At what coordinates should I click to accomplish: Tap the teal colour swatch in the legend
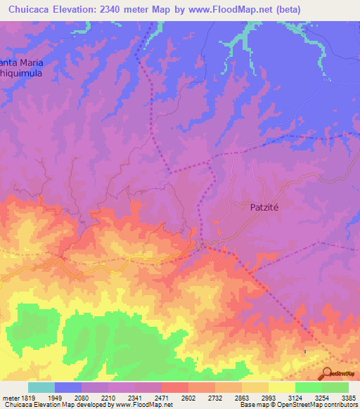[41, 387]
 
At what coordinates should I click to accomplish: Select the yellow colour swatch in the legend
[281, 387]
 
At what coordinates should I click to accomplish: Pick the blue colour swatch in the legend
[68, 387]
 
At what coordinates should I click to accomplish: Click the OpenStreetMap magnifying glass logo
[326, 373]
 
